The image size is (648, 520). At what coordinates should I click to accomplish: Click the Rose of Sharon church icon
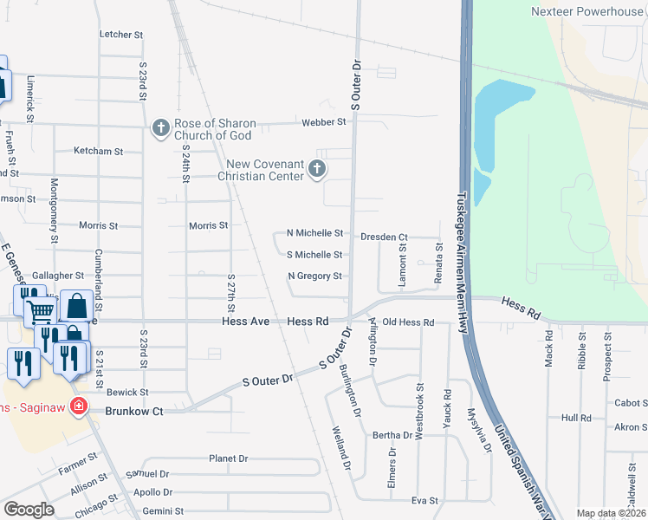160,128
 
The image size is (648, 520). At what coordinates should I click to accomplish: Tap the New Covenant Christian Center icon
317,169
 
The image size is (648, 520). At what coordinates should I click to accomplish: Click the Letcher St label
121,35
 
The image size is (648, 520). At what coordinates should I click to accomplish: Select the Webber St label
324,122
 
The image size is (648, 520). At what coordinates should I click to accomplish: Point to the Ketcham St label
99,151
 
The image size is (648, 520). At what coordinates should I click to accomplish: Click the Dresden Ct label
385,237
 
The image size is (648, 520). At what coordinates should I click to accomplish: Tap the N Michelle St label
315,233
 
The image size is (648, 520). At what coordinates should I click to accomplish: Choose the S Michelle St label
315,255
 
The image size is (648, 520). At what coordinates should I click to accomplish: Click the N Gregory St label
315,276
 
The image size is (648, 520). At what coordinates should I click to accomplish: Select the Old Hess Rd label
408,322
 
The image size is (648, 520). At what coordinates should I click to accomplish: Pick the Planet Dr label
229,458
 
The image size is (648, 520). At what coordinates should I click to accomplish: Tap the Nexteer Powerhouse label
587,11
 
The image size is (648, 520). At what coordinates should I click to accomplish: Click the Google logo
29,510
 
